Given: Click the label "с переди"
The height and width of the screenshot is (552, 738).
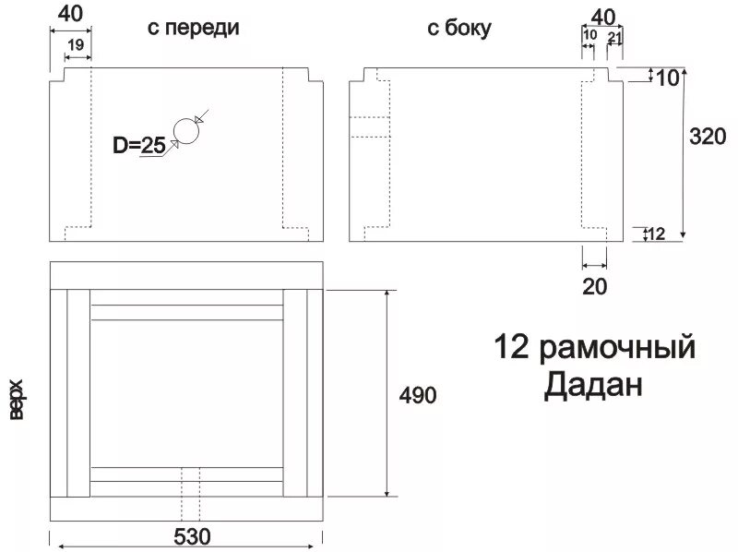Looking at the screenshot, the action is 194,28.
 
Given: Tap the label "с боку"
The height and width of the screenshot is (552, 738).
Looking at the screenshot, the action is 458,29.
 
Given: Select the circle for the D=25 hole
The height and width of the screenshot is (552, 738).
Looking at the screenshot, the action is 186,132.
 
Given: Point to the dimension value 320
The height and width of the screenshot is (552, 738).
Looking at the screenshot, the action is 708,136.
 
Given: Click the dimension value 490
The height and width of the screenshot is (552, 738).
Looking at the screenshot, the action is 417,395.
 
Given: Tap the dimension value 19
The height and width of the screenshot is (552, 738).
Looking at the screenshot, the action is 77,44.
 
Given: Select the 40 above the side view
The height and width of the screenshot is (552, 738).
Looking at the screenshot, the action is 602,16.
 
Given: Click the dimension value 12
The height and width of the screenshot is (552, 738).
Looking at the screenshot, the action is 657,234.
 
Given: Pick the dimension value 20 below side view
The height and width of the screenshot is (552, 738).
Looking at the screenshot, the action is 595,286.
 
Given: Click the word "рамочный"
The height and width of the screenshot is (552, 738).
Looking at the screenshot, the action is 615,348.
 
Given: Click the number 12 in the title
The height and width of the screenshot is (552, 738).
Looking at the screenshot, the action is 513,348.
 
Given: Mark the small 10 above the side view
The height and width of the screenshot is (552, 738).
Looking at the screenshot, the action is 590,35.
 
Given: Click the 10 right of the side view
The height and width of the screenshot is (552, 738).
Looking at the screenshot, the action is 667,77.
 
